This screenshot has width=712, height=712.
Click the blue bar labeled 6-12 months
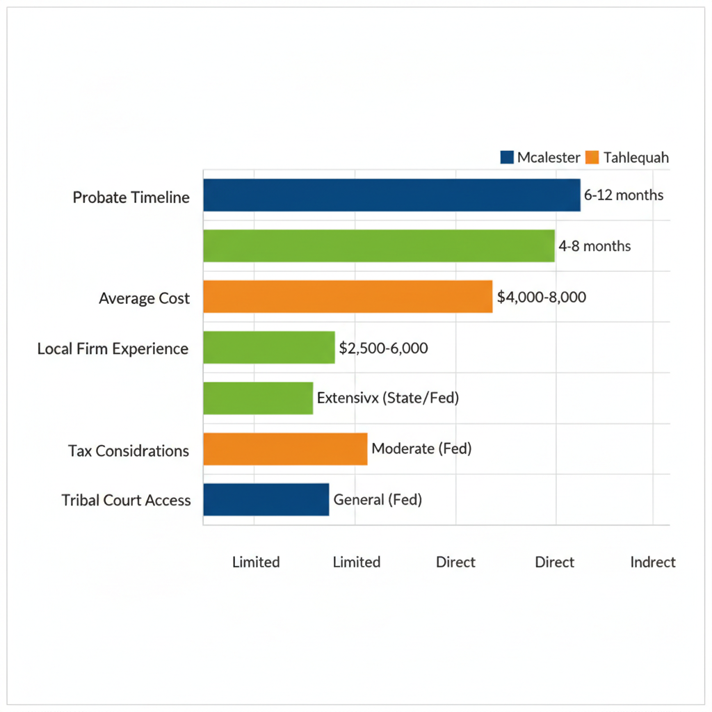coord(391,195)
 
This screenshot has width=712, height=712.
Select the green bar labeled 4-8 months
coord(379,245)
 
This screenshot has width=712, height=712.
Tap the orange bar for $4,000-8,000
coord(348,296)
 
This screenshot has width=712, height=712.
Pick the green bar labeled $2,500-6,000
coord(269,348)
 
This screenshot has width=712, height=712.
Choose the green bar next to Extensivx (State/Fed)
coord(258,398)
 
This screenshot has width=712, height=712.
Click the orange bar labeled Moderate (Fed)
coord(285,448)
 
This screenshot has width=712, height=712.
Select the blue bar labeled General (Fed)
coord(266,499)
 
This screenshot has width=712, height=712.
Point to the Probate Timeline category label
coord(131,197)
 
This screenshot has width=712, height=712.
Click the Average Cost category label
coord(144,299)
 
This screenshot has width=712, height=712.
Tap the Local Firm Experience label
coord(113,349)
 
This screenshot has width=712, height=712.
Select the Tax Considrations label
coord(129,451)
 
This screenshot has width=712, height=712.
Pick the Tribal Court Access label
coord(126,501)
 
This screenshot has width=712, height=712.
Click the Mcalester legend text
coord(549,157)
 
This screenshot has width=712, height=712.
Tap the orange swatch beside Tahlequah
coord(592,157)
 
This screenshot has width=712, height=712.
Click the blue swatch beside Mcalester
coord(507,157)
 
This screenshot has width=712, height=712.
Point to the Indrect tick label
coord(653,562)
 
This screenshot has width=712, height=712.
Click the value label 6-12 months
coord(624,195)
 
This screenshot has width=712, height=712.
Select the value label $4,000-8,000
coord(542,297)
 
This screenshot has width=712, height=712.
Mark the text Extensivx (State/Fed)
coord(388,398)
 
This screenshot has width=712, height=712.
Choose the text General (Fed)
coord(378,499)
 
